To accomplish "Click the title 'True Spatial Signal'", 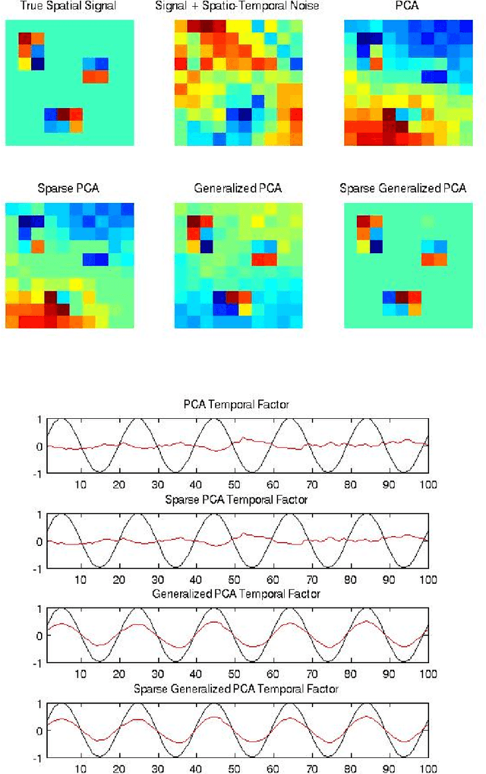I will tap(69, 7).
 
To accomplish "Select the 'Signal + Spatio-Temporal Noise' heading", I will tap(236, 7).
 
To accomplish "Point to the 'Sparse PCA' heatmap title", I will tap(69, 188).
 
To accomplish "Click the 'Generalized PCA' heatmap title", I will tap(237, 188).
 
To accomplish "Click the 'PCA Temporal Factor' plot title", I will tap(236, 405).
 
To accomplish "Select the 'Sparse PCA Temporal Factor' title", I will tap(236, 500).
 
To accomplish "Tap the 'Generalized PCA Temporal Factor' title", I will tap(236, 594).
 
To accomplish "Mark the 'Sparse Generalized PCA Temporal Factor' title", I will tap(236, 688).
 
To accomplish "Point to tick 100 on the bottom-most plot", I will tap(427, 767).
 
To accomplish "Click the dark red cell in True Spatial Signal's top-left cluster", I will tap(25, 39).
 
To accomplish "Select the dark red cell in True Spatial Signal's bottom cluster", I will tap(63, 114).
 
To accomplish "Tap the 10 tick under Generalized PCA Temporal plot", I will tap(82, 673).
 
